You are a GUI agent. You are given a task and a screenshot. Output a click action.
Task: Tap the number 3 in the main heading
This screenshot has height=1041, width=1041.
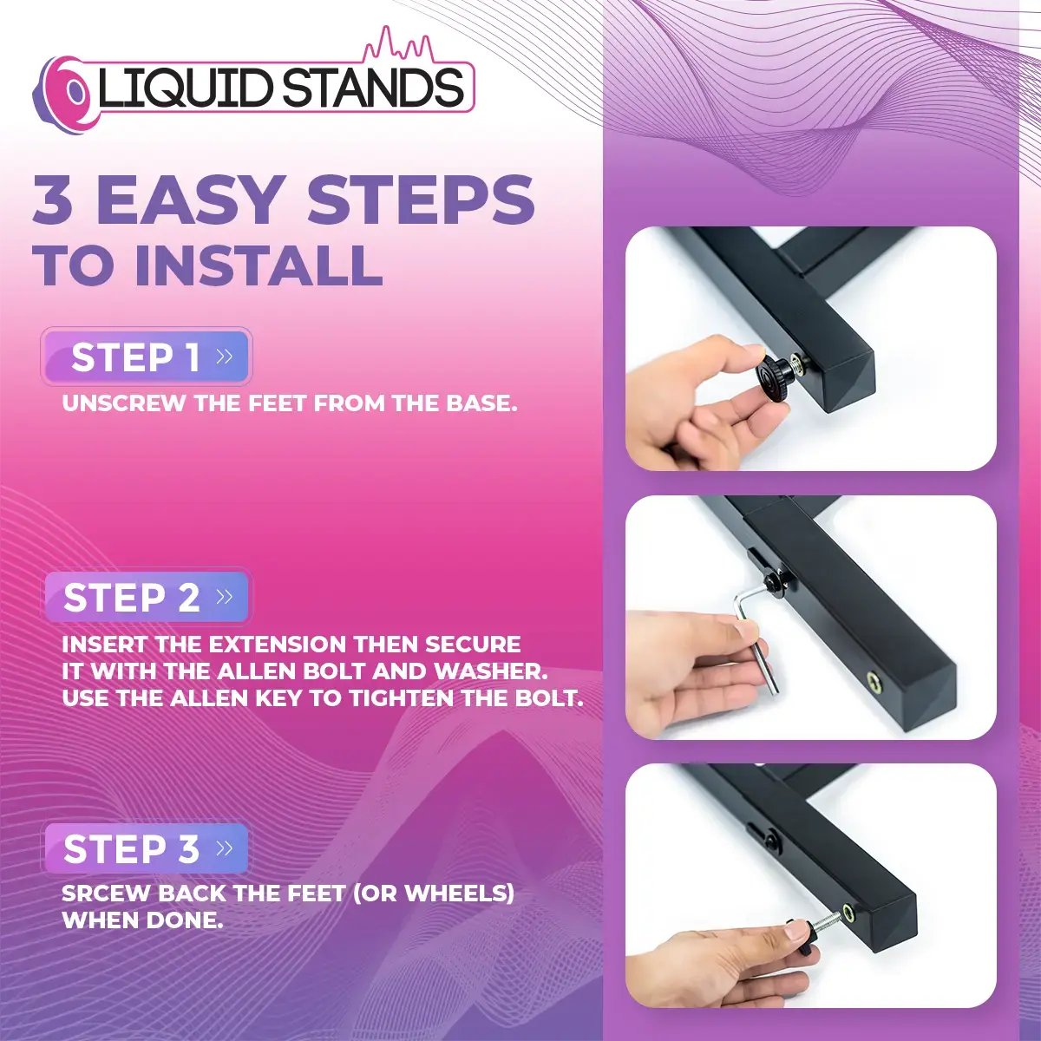click(53, 200)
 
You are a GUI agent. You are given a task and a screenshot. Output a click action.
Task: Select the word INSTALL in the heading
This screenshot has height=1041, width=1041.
click(259, 265)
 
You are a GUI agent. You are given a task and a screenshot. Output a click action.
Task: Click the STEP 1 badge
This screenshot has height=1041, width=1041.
click(147, 357)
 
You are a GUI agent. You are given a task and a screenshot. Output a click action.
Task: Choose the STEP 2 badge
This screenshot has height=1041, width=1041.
click(147, 598)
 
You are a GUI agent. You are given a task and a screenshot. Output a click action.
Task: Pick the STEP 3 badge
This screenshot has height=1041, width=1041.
click(147, 849)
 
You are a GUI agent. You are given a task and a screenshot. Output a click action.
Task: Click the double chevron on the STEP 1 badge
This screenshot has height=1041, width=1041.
click(225, 357)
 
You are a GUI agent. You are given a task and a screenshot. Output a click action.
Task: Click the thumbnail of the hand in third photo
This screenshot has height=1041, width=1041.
click(796, 933)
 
